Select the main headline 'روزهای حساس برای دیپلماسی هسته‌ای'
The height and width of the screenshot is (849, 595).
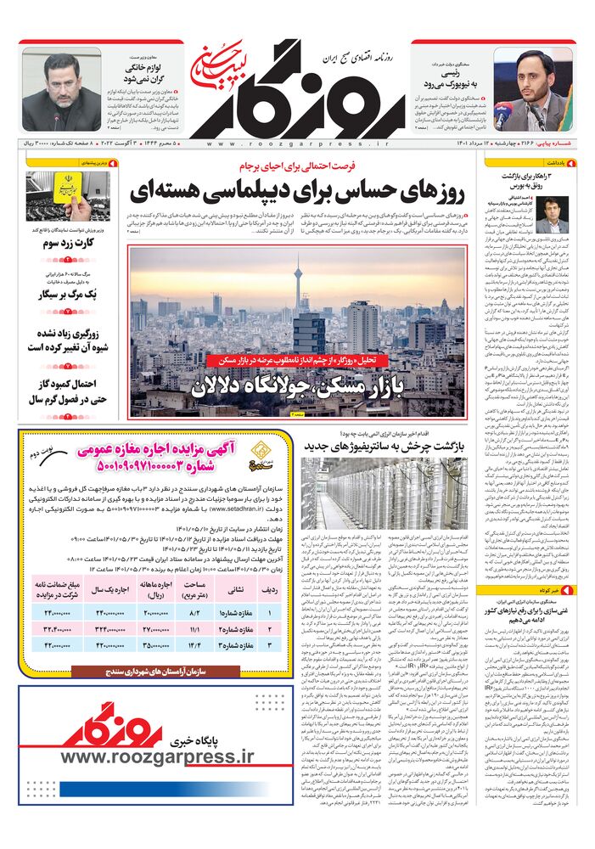click(x=297, y=193)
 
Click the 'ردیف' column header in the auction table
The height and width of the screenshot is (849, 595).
click(x=271, y=568)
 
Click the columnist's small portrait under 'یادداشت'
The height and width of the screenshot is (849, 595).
click(x=553, y=215)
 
